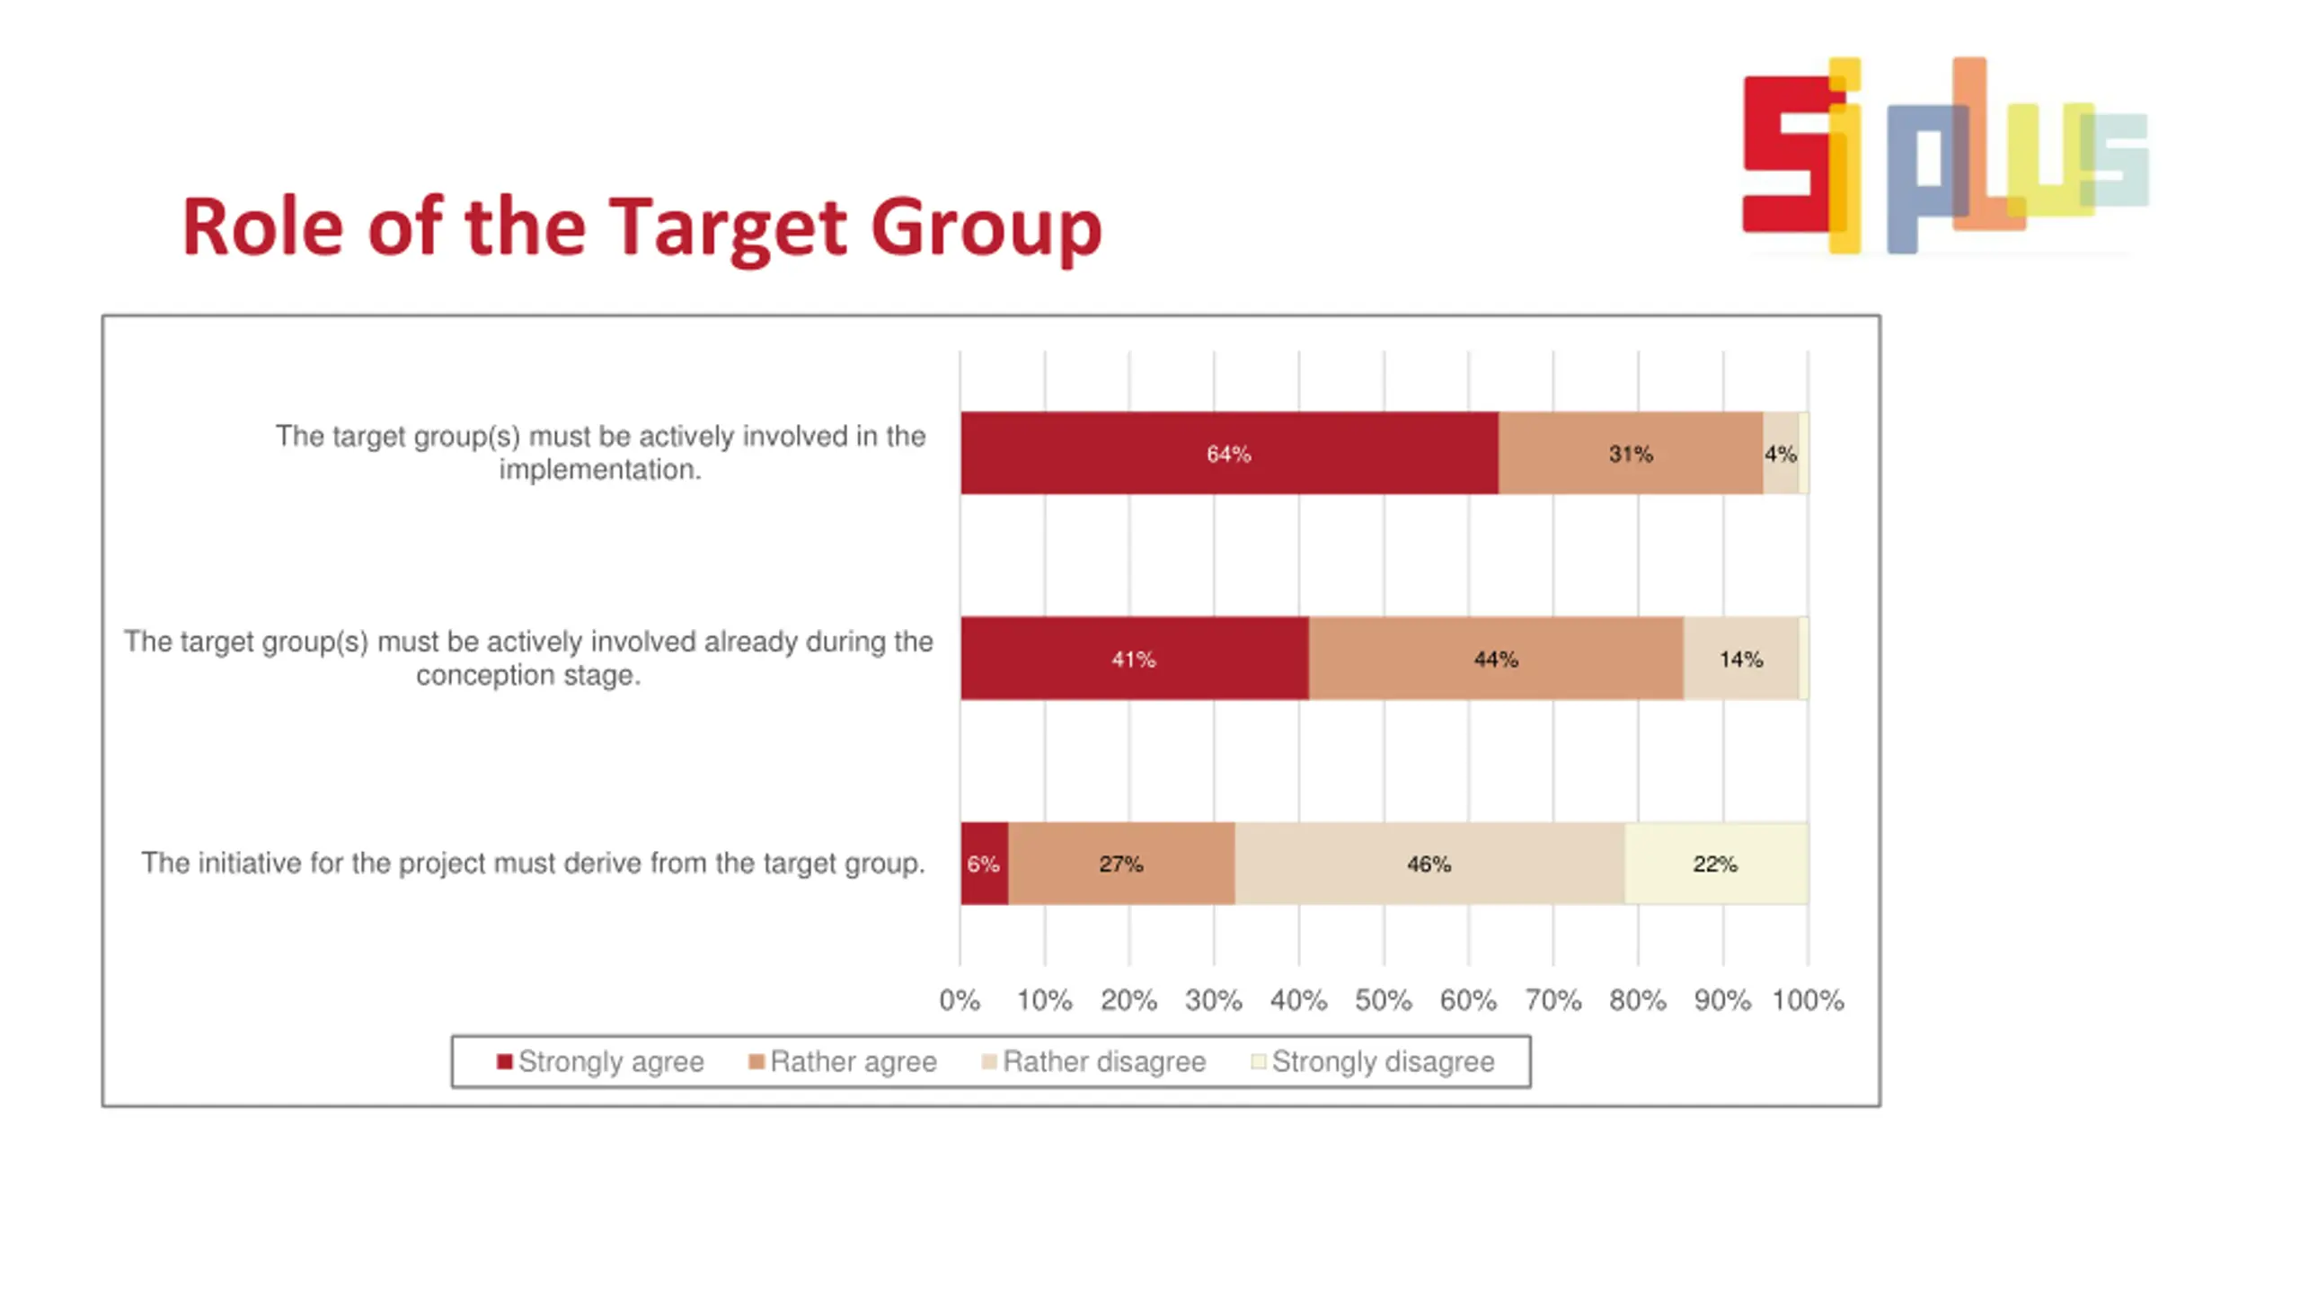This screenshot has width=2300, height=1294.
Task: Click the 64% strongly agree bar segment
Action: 1228,453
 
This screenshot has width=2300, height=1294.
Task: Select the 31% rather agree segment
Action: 1630,453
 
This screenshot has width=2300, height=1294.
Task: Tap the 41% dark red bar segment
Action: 1133,659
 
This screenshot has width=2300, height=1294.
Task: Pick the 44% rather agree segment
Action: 1495,659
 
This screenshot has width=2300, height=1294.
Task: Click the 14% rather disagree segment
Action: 1740,659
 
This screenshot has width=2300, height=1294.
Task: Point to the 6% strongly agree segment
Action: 983,864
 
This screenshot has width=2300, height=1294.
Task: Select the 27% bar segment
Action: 1120,864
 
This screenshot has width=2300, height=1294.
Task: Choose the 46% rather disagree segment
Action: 1429,864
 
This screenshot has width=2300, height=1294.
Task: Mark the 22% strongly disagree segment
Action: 1715,864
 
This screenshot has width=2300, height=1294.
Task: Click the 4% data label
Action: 1780,454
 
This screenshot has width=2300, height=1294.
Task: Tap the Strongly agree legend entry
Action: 600,1061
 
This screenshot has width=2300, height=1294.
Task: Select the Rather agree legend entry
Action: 843,1061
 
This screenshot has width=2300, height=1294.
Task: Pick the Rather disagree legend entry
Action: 1093,1061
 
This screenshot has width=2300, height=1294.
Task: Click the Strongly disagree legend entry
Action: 1373,1061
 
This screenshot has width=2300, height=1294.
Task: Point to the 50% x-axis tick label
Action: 1383,1000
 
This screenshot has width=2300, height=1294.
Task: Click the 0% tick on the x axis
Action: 959,1000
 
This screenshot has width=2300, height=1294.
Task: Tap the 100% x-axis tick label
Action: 1807,1000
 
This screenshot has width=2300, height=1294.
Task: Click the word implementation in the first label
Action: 599,469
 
